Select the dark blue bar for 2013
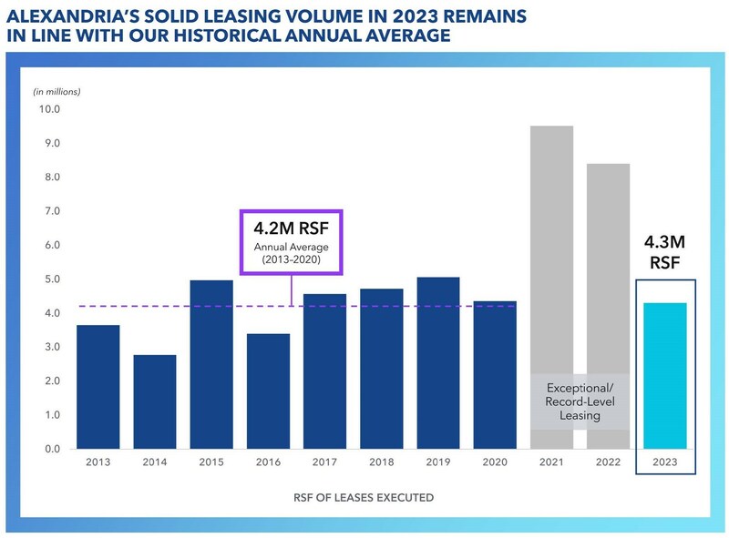[x=98, y=387]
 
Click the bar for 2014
[x=155, y=401]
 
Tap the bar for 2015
[x=211, y=364]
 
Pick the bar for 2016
[x=268, y=391]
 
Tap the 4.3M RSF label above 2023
[x=664, y=252]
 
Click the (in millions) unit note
[x=57, y=91]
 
